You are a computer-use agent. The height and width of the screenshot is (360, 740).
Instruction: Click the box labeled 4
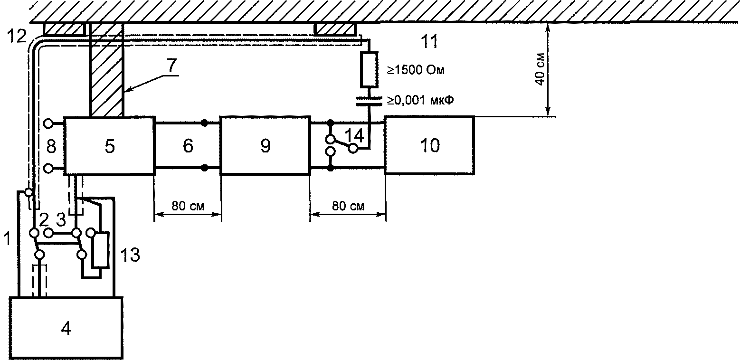point(66,328)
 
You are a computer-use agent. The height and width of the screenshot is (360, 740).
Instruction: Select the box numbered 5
point(109,146)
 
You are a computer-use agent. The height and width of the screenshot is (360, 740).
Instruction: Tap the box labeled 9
point(265,146)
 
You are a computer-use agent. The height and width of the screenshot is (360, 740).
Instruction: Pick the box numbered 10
point(429,145)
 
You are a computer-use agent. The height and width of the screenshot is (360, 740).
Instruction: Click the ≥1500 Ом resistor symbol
point(369,71)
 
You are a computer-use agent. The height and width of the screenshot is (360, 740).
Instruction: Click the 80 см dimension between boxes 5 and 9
point(188,206)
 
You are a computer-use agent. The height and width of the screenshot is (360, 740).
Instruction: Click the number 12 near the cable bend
point(17,36)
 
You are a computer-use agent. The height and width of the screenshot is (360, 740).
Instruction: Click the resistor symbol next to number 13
point(100,249)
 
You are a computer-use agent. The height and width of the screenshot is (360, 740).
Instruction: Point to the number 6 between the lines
point(188,146)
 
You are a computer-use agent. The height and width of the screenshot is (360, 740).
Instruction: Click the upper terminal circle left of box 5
point(47,124)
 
